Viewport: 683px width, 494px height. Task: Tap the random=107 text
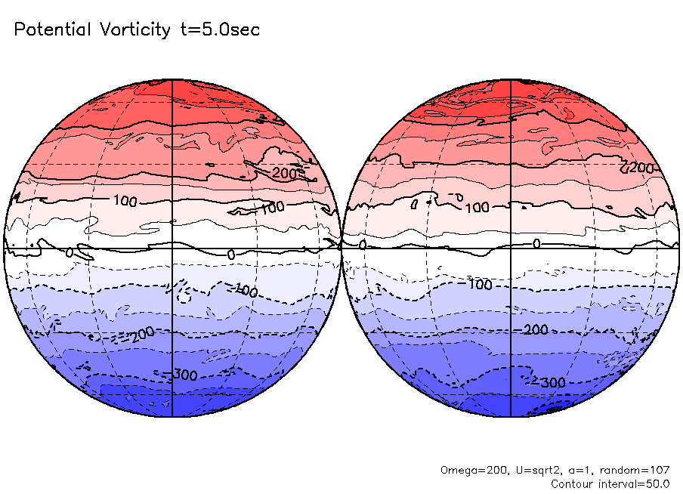[x=636, y=470]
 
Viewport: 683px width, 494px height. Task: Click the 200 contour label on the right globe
[x=641, y=167]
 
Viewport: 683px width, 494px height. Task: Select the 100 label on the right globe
[x=476, y=208]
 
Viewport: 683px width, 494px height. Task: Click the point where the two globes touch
[x=341, y=248]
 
